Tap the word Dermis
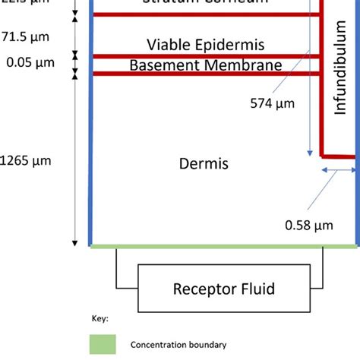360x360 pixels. coord(204,163)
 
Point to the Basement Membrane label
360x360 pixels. coord(206,65)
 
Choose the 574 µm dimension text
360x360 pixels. coord(272,103)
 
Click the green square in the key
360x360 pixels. coord(103,344)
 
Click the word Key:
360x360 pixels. coord(99,318)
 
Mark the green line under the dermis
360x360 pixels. coord(223,246)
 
